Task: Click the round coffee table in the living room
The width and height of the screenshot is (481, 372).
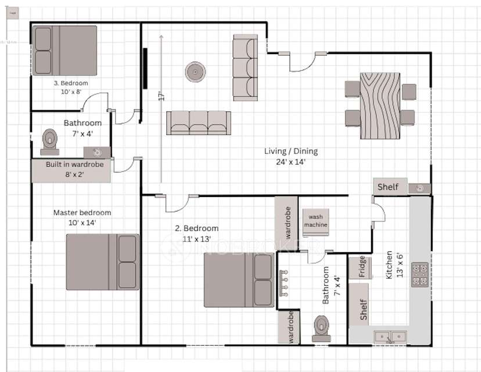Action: coord(195,72)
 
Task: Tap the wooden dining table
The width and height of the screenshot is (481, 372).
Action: coord(381,105)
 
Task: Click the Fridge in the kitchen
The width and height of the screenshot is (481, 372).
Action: coord(361,266)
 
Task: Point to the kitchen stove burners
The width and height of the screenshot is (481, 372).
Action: coord(419,274)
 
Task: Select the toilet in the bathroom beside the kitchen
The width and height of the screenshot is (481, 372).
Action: coord(321,329)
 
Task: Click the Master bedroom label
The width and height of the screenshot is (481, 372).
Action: coord(82,213)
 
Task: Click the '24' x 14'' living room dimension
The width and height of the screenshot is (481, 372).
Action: coord(291,162)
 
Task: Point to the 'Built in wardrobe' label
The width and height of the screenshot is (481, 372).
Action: coord(74,164)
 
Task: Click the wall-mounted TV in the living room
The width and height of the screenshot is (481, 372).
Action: coord(145,69)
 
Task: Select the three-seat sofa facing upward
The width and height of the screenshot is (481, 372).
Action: coord(198,122)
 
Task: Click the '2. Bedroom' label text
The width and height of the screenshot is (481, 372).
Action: coord(197,228)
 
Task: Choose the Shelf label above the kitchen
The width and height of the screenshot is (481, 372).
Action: coord(388,187)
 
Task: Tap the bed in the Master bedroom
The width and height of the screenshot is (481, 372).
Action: coord(102,262)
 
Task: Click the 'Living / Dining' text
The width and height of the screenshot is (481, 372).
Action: coord(291,152)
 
